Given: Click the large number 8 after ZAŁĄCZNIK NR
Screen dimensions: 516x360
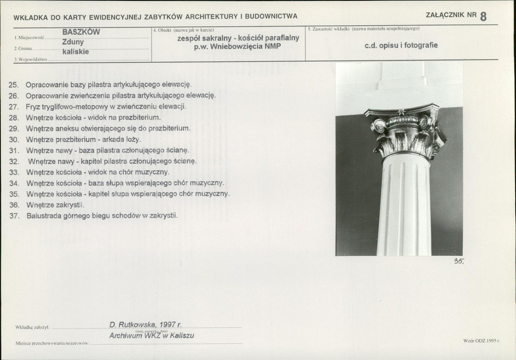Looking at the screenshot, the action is (483, 16).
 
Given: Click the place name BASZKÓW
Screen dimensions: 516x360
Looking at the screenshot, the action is (81, 32).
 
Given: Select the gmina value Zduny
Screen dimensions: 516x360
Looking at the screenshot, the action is (73, 42).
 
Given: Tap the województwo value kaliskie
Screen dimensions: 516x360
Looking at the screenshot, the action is (76, 52).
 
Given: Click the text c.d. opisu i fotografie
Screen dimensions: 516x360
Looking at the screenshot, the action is (401, 45).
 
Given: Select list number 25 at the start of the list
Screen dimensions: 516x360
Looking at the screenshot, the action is (13, 85).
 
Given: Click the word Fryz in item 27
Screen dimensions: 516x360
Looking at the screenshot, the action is (33, 107).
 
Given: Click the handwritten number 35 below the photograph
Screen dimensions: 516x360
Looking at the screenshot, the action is (459, 261).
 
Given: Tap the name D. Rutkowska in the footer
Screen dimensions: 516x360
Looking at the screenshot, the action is (133, 325).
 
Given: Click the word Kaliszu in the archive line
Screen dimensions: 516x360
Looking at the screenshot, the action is (182, 335).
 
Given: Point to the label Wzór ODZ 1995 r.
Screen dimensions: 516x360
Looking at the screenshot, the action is (482, 341).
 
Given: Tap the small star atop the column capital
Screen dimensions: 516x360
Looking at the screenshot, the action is (401, 111).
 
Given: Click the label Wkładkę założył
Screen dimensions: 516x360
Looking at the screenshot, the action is (32, 327).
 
